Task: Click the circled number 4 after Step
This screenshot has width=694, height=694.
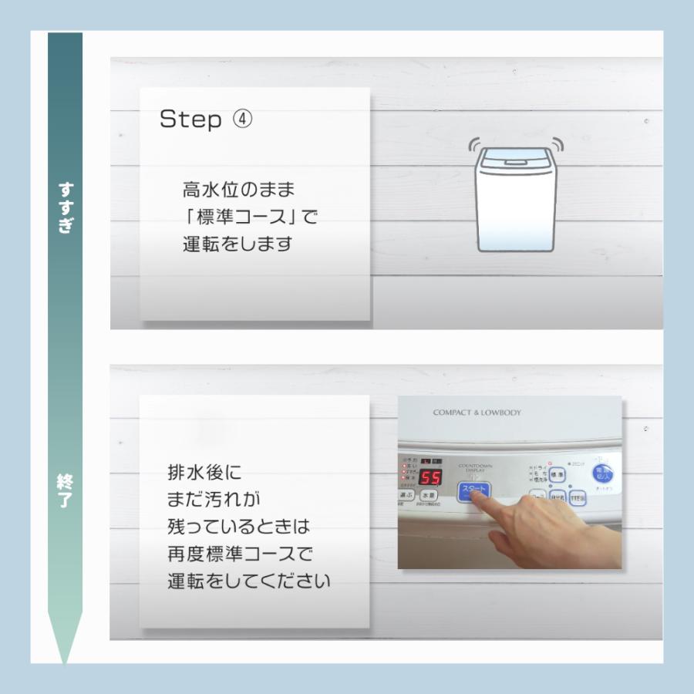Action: [241, 120]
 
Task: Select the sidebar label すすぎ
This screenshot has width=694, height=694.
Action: [66, 207]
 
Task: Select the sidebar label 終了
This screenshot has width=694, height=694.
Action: [66, 490]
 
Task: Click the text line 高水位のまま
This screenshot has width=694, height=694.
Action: [239, 189]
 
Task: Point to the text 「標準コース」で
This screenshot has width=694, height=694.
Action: [244, 217]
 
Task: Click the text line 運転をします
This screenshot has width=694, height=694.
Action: [238, 244]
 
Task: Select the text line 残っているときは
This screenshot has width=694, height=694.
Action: [238, 527]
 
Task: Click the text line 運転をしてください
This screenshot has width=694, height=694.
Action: [248, 581]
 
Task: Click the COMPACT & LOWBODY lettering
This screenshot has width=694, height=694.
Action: [477, 413]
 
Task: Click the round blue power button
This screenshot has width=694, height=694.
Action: [603, 473]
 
